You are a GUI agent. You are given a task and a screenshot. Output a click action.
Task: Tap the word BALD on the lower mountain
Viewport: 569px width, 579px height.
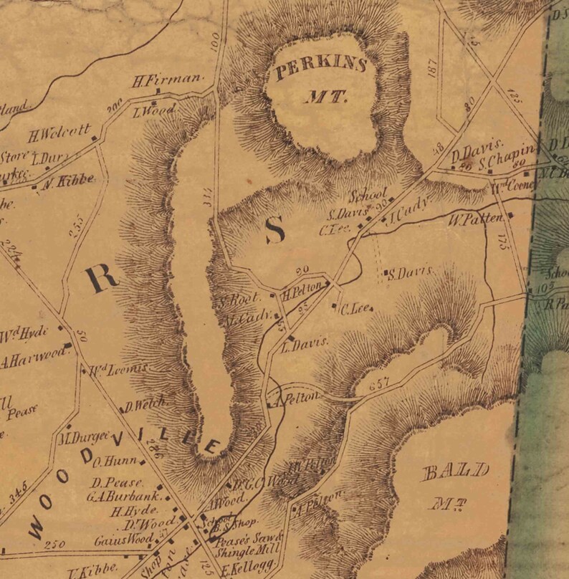coord(456,472)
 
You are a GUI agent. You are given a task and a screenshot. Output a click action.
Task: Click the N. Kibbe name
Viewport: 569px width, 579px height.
coord(70,181)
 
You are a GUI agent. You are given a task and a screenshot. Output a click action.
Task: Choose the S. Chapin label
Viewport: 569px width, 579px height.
coord(512,155)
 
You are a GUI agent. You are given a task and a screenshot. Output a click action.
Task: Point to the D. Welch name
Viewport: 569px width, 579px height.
coord(145,406)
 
